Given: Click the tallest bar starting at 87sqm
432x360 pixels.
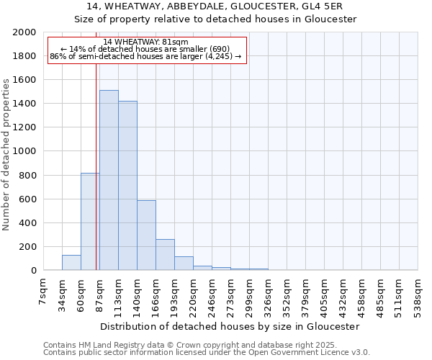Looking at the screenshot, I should tap(109, 180).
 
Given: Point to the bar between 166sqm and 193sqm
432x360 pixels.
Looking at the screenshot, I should tap(165, 255).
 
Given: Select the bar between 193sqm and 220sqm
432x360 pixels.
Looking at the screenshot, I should tap(184, 264).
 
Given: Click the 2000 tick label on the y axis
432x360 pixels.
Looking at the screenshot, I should tap(24, 32).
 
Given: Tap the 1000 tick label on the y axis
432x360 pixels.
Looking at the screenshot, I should tap(24, 152).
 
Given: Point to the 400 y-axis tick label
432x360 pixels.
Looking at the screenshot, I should tap(28, 223).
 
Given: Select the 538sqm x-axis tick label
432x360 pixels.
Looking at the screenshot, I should tap(418, 294).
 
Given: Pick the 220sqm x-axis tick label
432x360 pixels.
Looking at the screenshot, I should tap(194, 294).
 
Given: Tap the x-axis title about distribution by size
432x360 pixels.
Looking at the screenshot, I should tap(230, 326).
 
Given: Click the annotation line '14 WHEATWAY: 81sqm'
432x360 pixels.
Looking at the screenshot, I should tap(145, 42).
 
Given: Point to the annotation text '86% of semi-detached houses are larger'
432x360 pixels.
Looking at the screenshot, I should tap(145, 56).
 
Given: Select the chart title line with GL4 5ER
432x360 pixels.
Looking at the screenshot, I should tap(216, 6).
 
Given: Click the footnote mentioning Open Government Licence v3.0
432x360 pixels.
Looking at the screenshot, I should tap(207, 353).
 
